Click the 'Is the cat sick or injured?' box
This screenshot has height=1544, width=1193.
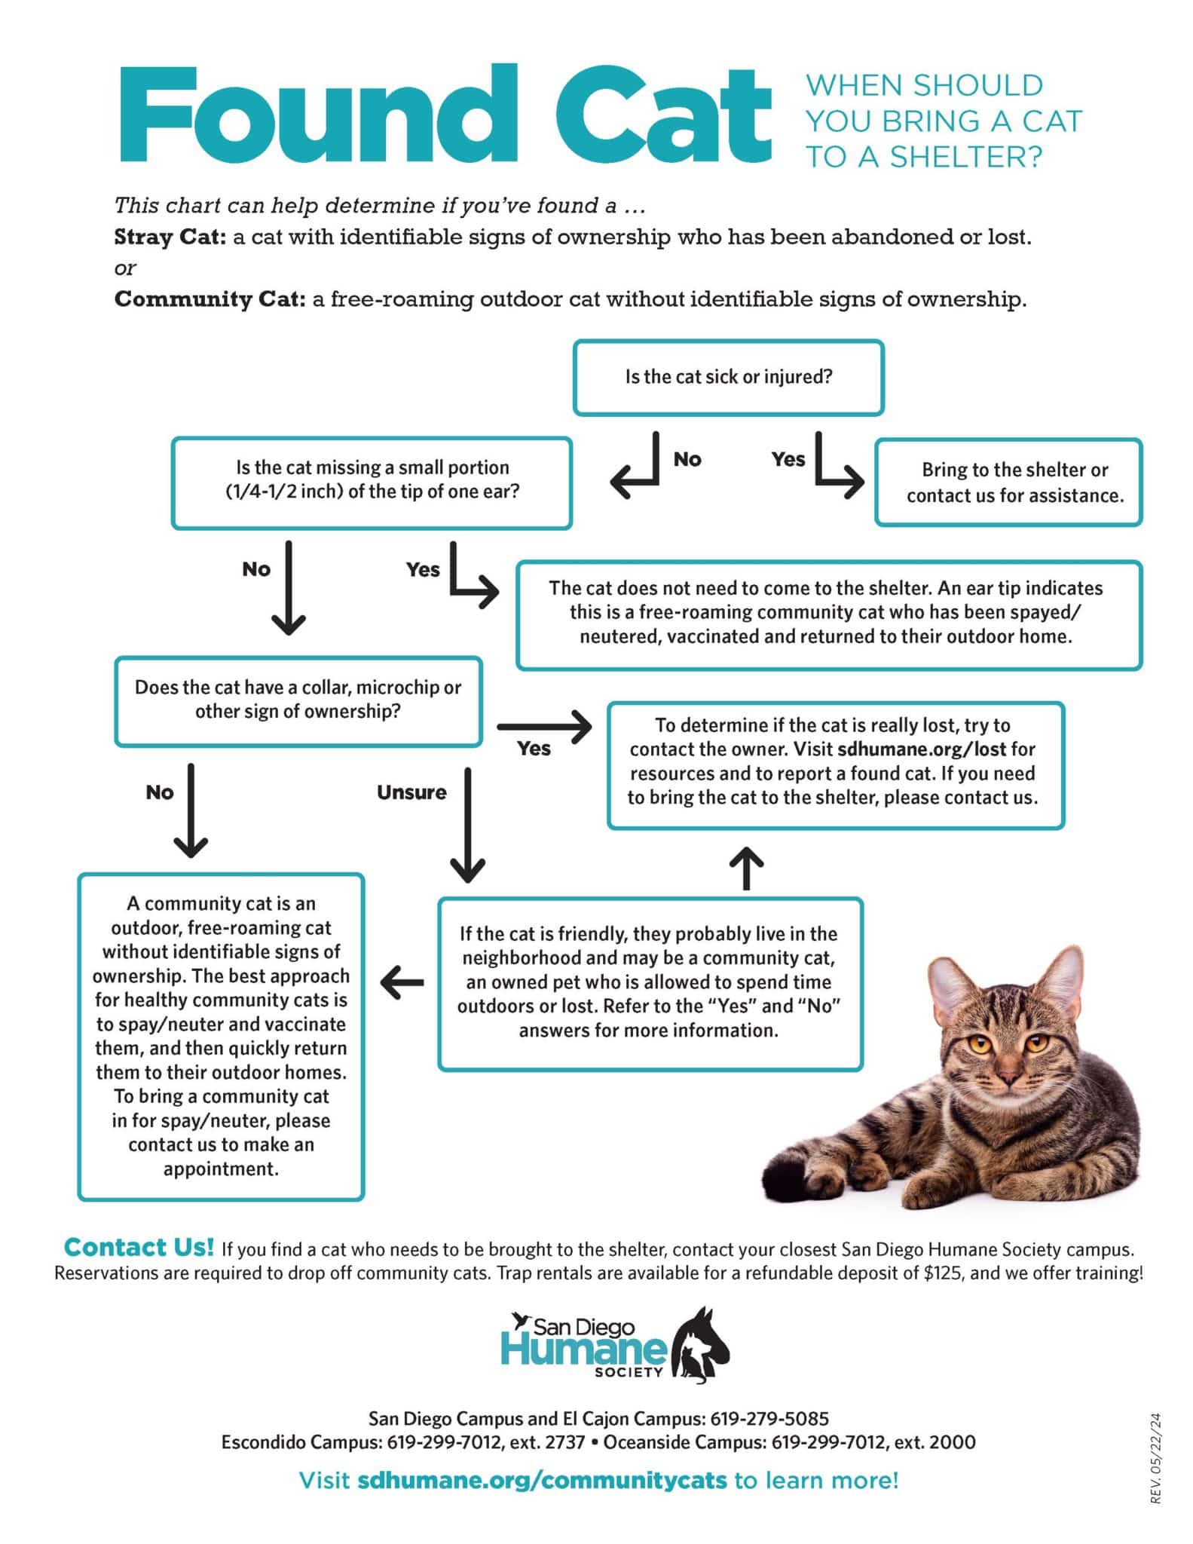coord(728,377)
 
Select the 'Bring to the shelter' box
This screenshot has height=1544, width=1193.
coord(1008,482)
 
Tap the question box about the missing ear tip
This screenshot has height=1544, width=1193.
coord(372,482)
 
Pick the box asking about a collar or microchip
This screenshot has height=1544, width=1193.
coord(298,700)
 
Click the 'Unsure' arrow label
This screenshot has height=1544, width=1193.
coord(411,792)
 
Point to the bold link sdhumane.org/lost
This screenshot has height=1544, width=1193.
coord(921,749)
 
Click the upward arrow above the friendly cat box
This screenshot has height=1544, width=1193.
coord(747,868)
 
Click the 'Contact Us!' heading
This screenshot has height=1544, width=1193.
coord(139,1248)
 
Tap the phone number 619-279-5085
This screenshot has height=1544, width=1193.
coord(769,1418)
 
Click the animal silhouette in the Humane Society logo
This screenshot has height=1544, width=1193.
coord(701,1349)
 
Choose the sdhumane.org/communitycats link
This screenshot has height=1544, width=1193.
coord(542,1480)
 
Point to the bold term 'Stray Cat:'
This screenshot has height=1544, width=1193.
coord(170,237)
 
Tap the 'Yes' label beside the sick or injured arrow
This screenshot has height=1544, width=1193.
coord(788,459)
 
